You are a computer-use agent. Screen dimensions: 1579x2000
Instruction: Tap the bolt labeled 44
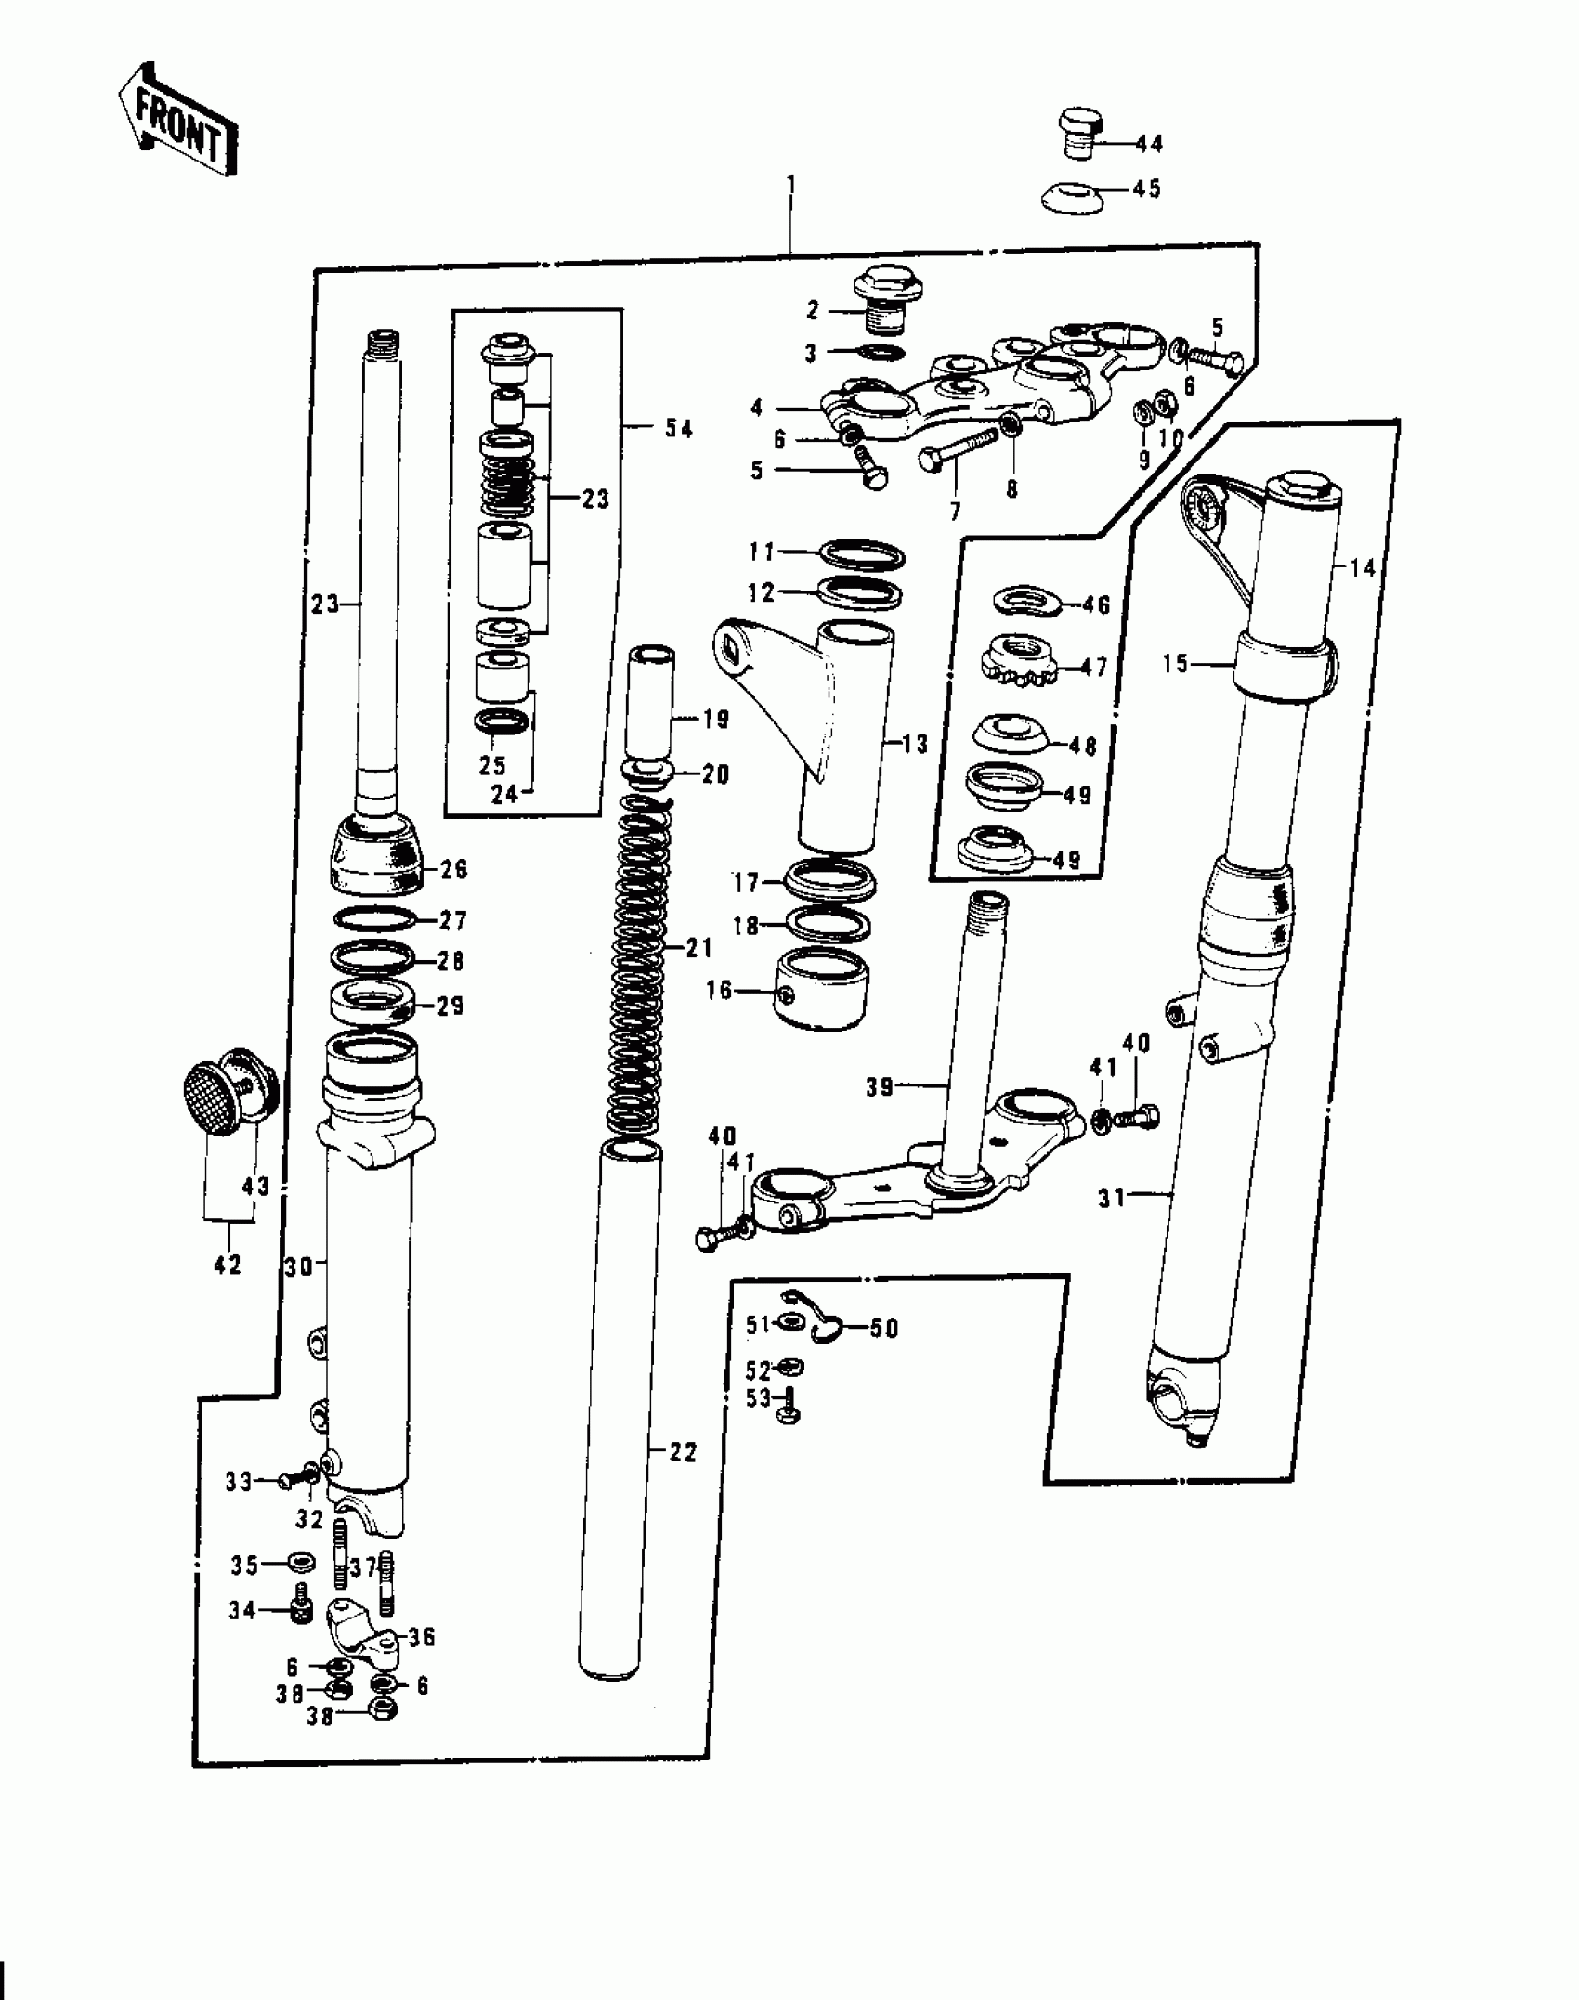(x=1080, y=135)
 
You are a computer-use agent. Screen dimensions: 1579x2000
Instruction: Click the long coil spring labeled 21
(x=639, y=966)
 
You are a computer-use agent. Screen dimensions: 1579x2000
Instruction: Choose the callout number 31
(x=1112, y=1199)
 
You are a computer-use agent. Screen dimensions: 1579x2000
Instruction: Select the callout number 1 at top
(x=790, y=184)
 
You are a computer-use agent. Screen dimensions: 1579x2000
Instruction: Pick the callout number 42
(x=228, y=1264)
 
